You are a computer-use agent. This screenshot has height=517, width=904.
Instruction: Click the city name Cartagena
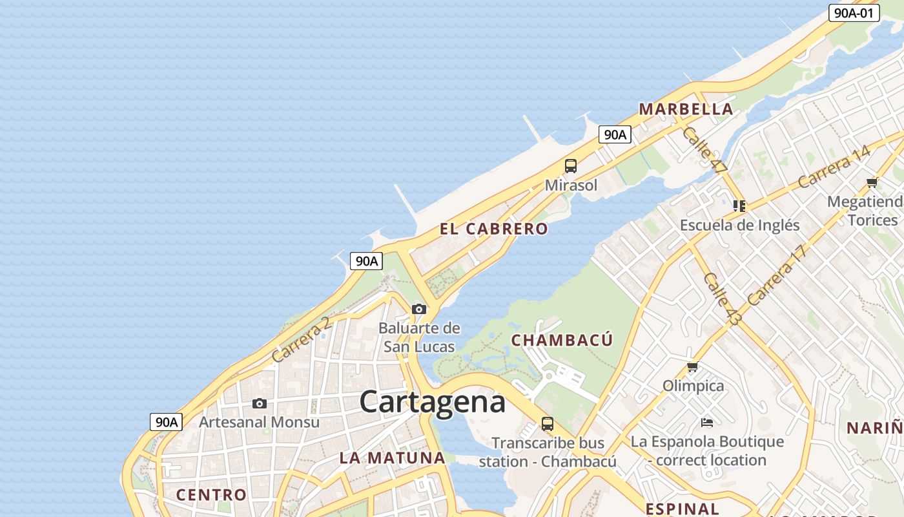(432, 402)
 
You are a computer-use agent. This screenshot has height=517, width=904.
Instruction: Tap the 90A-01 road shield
(854, 12)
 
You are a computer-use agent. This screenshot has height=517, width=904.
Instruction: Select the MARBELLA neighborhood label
(686, 109)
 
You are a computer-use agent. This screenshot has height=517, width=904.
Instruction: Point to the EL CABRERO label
(493, 229)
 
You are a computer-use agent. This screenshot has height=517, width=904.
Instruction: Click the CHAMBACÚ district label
(561, 340)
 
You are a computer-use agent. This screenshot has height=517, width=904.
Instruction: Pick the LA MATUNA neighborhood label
(392, 458)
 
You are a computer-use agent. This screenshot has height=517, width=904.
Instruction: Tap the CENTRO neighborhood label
(211, 495)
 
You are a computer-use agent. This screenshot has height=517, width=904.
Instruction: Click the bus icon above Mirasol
(571, 166)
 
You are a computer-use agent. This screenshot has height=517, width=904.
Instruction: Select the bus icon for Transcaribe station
(548, 424)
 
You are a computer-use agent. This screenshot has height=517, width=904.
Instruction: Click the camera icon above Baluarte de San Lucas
(419, 310)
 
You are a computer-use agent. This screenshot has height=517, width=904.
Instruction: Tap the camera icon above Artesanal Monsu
(260, 404)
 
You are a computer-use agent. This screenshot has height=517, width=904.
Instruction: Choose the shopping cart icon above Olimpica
(693, 367)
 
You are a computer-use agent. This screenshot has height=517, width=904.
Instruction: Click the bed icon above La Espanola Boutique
(707, 423)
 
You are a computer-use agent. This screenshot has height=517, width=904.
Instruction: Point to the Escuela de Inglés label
(739, 226)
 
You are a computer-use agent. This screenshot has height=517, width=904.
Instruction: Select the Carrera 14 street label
(834, 167)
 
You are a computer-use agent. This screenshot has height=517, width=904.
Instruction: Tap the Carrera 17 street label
(777, 275)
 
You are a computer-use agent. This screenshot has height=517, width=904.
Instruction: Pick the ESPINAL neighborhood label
(682, 509)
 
